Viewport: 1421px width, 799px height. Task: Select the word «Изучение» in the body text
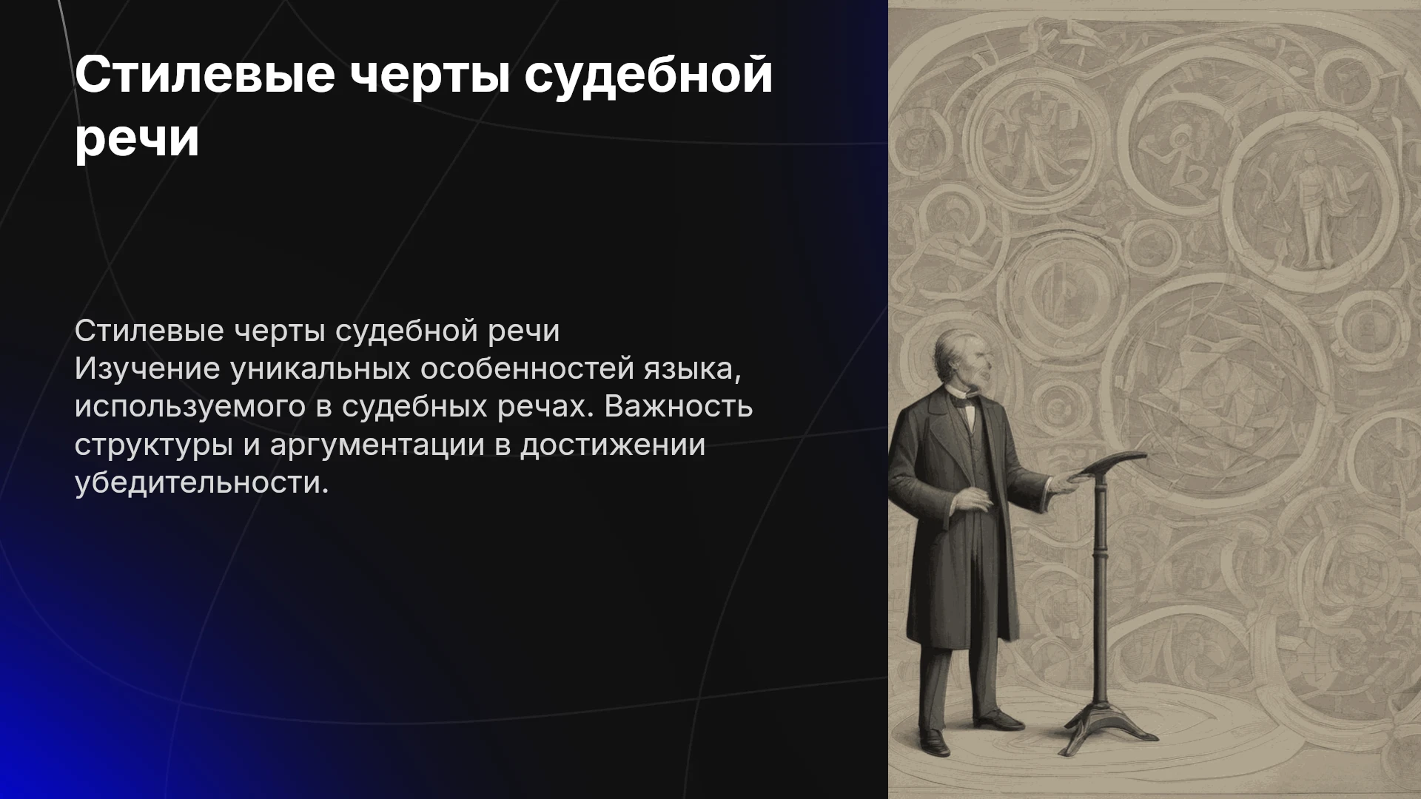tap(147, 368)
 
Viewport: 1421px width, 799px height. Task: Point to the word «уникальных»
tap(320, 368)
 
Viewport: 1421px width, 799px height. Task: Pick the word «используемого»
tap(189, 407)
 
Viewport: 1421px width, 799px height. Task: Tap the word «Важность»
tap(679, 405)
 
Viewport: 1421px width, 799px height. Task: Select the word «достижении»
tap(612, 444)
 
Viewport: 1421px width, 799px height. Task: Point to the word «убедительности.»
tap(201, 482)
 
